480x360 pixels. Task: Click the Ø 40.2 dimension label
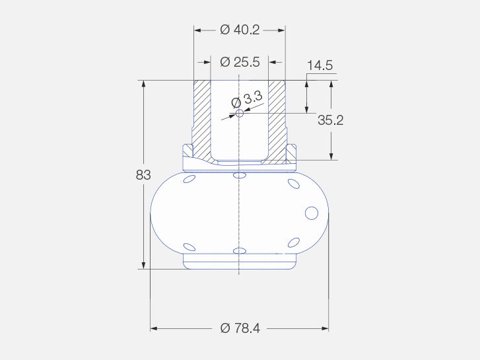240,30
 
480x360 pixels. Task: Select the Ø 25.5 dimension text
240,62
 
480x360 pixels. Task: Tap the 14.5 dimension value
320,65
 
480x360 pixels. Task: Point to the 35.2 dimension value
330,120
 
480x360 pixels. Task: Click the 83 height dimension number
143,175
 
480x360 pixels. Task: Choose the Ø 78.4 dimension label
240,328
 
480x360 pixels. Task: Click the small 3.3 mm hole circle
240,114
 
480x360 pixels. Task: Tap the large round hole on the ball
312,213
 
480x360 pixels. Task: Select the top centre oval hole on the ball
240,175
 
